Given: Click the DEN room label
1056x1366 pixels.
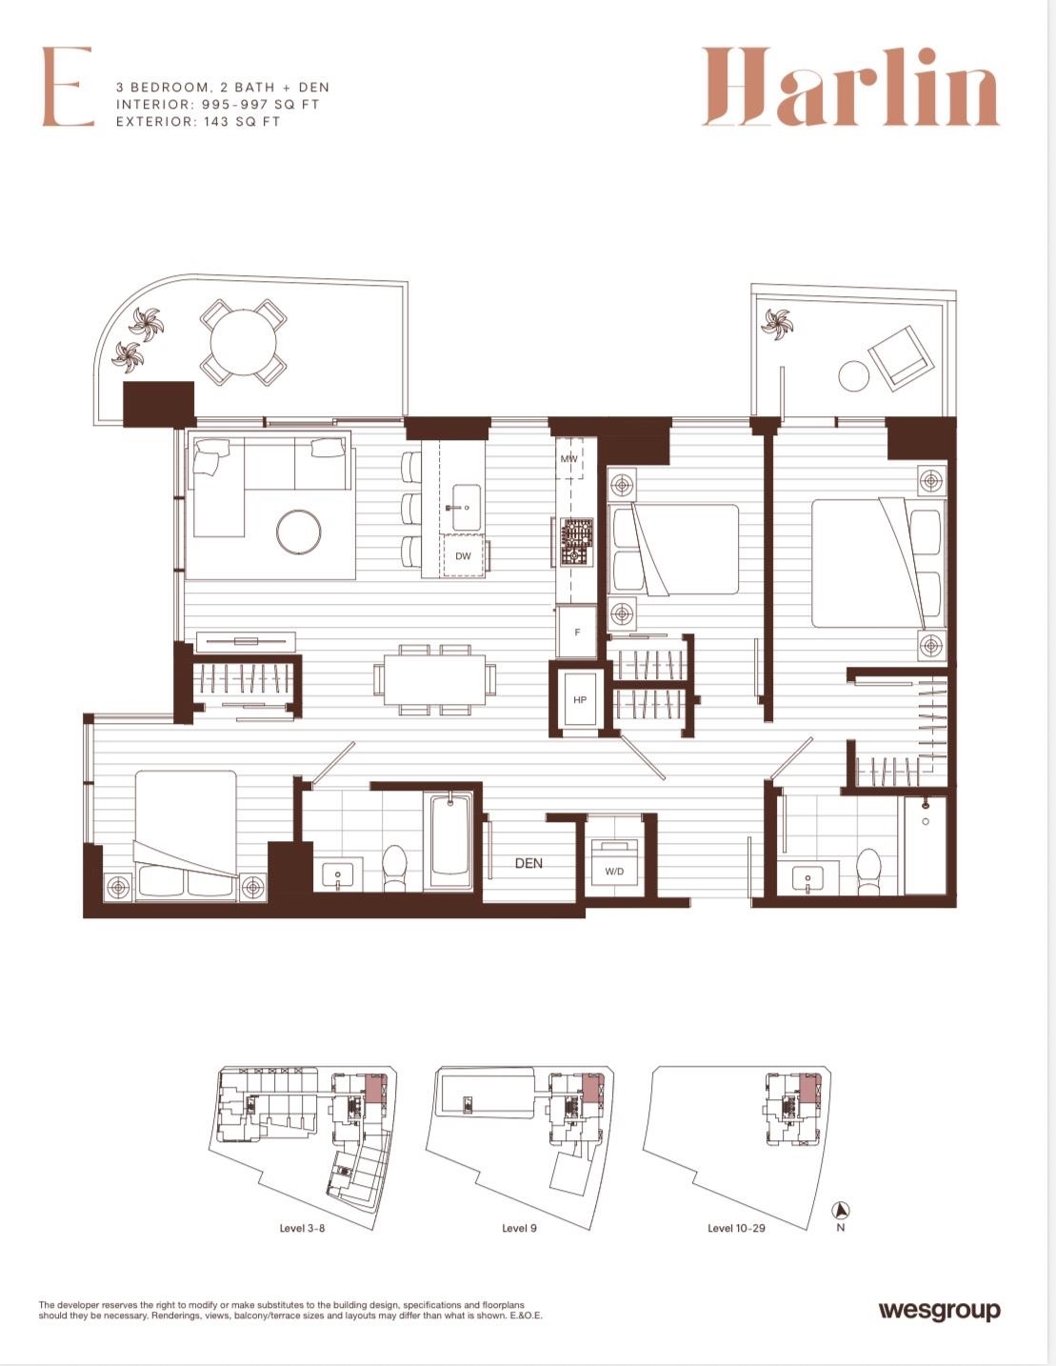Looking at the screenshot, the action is [528, 863].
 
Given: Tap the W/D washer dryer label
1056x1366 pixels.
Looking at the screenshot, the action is [614, 872].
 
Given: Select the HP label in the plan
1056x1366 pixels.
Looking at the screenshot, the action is [580, 699].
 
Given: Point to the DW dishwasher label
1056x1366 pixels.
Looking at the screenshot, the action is [463, 556].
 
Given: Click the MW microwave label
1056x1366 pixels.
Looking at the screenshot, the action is [568, 459].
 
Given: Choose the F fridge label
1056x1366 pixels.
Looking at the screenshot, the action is [577, 633].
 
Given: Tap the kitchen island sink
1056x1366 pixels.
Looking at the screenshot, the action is [466, 508].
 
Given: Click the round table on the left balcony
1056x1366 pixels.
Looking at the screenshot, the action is [243, 343].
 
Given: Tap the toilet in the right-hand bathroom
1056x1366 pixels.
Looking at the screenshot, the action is [869, 870].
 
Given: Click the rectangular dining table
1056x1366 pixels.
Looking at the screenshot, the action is [434, 679].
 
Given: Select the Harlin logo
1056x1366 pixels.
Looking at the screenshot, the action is [850, 87].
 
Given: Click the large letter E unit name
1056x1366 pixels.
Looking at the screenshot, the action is [68, 86].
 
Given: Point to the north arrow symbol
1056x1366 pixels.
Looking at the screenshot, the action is [841, 1209].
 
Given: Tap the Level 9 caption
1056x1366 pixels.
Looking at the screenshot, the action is [519, 1228].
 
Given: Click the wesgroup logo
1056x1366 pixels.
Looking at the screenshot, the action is [939, 1312].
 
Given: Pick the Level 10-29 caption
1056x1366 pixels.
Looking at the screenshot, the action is [736, 1228].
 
